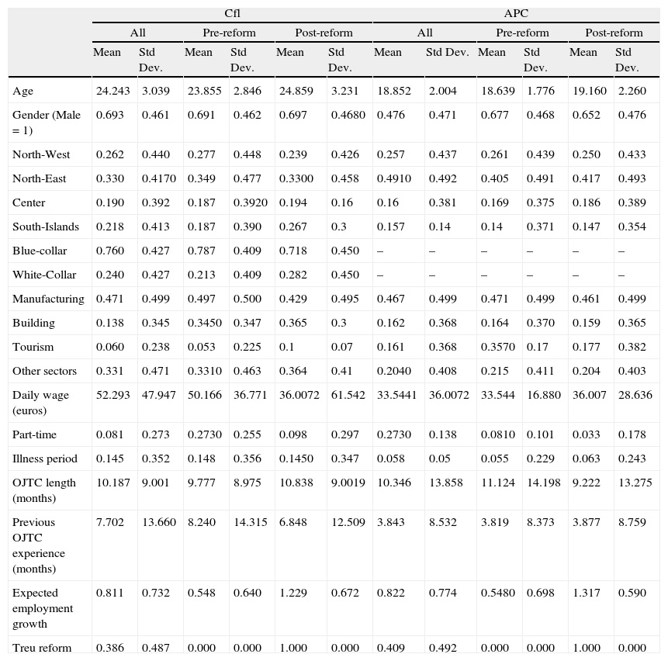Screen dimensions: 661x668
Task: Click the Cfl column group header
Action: [232, 14]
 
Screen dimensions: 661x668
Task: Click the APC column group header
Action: [516, 14]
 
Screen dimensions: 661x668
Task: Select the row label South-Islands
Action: [46, 227]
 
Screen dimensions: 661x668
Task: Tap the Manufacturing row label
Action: [48, 299]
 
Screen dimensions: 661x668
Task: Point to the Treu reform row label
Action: [42, 648]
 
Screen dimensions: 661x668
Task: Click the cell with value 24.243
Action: [112, 91]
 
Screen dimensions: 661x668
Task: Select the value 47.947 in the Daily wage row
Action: [158, 395]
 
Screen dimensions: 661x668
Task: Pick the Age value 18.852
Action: [393, 91]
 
